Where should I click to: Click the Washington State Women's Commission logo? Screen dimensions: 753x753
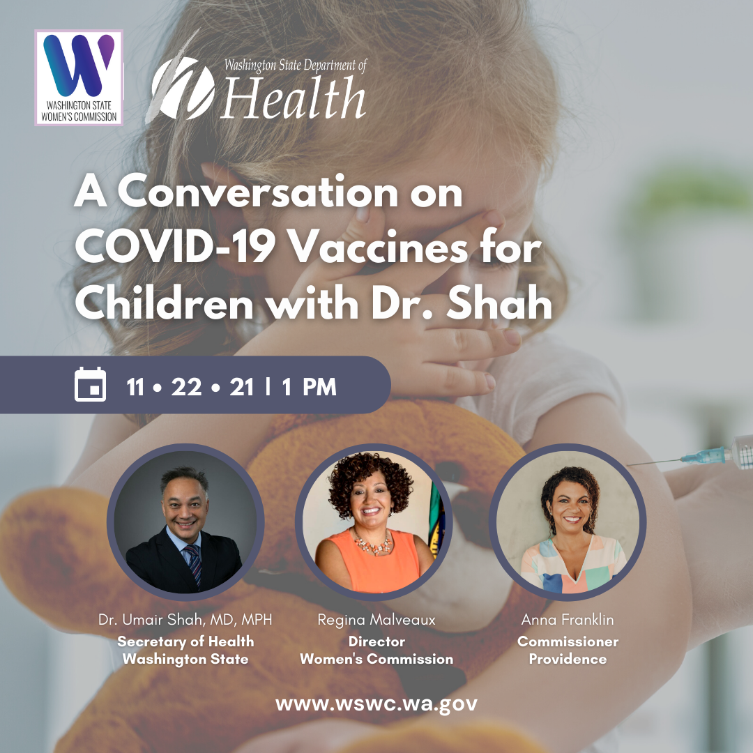[79, 78]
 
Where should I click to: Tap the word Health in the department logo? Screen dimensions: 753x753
[294, 98]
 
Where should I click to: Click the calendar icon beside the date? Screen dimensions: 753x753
[90, 384]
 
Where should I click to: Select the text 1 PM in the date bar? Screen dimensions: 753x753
[309, 386]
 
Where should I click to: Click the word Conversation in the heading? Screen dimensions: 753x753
[258, 192]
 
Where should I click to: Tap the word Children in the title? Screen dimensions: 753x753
[164, 303]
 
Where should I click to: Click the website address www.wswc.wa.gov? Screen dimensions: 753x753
[376, 704]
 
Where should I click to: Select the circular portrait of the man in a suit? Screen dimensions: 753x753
[185, 522]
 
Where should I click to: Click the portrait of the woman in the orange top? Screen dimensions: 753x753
[374, 522]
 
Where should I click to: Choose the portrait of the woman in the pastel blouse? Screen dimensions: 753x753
[568, 522]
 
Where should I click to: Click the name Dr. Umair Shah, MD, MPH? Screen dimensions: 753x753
[185, 620]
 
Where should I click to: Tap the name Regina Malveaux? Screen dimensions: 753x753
[376, 620]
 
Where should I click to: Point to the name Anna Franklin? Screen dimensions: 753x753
[568, 620]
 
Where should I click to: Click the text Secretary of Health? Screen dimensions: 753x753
[185, 641]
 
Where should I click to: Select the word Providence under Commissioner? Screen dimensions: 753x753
[568, 659]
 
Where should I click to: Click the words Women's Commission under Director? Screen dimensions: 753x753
[376, 659]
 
